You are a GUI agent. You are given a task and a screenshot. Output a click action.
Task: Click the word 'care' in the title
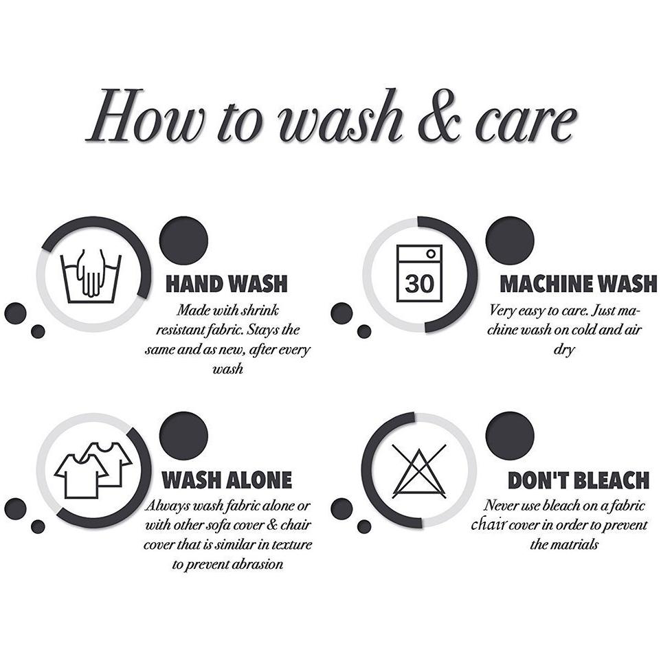coord(526,122)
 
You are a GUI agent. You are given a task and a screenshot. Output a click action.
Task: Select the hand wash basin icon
coord(91,276)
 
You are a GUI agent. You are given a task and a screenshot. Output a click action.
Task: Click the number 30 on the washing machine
coord(419,283)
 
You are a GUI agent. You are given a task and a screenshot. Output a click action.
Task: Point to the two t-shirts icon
coord(93,469)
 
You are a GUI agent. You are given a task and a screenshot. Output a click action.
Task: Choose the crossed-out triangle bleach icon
coord(419,471)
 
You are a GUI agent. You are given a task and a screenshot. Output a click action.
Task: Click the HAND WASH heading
coord(227,284)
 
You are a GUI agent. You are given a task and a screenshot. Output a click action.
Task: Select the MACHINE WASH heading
coord(579,284)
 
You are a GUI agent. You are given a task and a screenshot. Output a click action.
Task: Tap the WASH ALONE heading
coord(227,480)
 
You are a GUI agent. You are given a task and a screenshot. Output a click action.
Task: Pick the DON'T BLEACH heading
coord(579,480)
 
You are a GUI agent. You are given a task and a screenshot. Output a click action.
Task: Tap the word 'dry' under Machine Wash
coord(564,350)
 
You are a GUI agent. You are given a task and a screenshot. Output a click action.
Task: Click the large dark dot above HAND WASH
coord(183,240)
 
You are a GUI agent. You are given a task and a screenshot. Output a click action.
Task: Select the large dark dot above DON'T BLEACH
coord(510,436)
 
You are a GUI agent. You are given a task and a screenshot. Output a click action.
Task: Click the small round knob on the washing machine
coord(431,254)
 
